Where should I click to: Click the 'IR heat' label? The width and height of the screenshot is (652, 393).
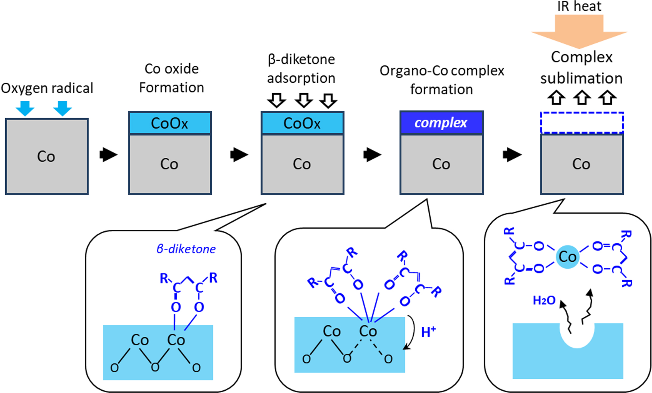[579, 7]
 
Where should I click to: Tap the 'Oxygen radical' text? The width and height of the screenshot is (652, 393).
[47, 88]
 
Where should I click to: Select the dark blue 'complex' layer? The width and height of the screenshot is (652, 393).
[441, 123]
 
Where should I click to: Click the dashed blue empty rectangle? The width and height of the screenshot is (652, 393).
[582, 123]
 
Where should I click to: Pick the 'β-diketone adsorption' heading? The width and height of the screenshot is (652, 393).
[301, 69]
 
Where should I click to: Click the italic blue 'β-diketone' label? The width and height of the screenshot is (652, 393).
[186, 249]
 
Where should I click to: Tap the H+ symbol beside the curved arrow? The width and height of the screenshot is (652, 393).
[428, 332]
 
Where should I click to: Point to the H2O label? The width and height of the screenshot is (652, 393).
[544, 300]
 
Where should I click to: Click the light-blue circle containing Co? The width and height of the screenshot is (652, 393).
[568, 257]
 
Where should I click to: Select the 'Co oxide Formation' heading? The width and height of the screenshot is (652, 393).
[171, 78]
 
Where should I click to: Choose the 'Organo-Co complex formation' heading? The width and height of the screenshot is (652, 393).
[442, 80]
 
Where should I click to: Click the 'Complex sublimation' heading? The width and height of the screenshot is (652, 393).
[582, 68]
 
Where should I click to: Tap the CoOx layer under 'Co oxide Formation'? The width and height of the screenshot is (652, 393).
[170, 123]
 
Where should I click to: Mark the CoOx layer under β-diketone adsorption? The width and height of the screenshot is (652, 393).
[302, 123]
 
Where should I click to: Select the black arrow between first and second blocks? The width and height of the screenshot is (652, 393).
[108, 154]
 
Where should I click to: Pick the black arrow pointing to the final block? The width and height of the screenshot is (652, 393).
[512, 154]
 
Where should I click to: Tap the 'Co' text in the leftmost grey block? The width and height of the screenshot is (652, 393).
[46, 157]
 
